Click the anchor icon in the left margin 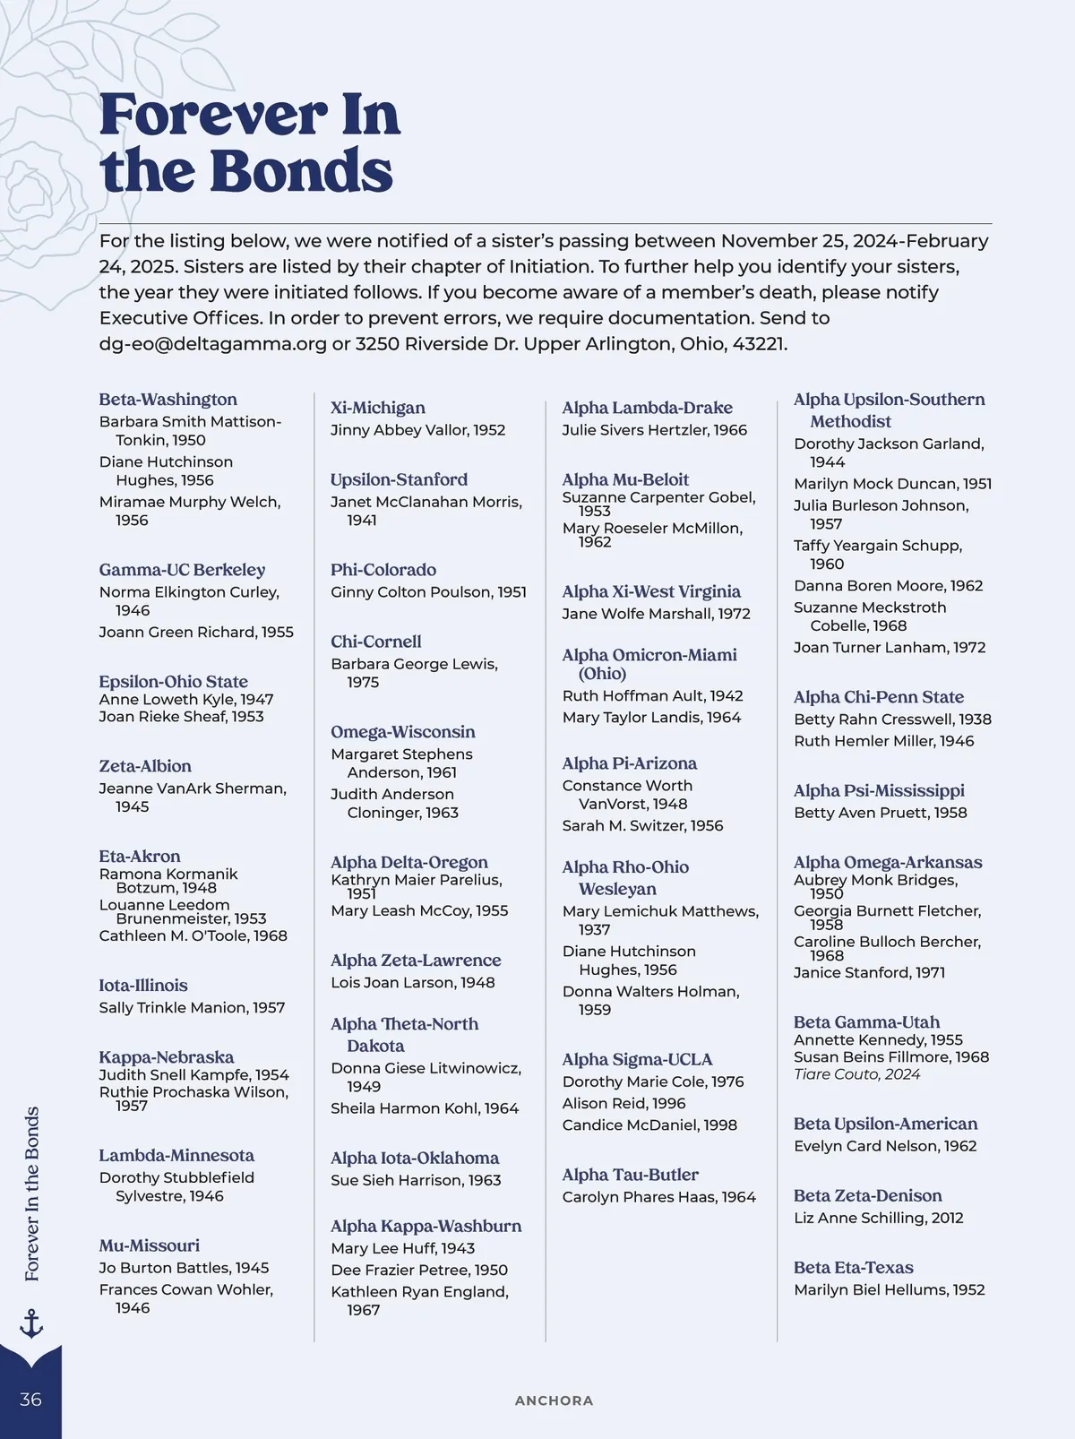(31, 1323)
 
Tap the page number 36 (30, 1400)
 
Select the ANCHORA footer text (554, 1400)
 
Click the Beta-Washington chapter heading (168, 400)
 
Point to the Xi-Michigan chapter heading (377, 408)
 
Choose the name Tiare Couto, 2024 (856, 1074)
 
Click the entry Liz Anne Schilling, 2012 (878, 1218)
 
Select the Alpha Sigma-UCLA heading (637, 1059)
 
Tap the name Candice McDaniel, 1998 (649, 1125)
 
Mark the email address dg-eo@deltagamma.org (212, 344)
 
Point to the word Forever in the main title (213, 116)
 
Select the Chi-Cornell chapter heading (375, 642)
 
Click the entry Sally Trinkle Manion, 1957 (192, 1008)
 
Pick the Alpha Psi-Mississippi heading (879, 790)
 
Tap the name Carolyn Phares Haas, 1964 (658, 1197)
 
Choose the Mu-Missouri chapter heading (149, 1245)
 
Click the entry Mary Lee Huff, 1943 (402, 1248)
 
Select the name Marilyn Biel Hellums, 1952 (889, 1290)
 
